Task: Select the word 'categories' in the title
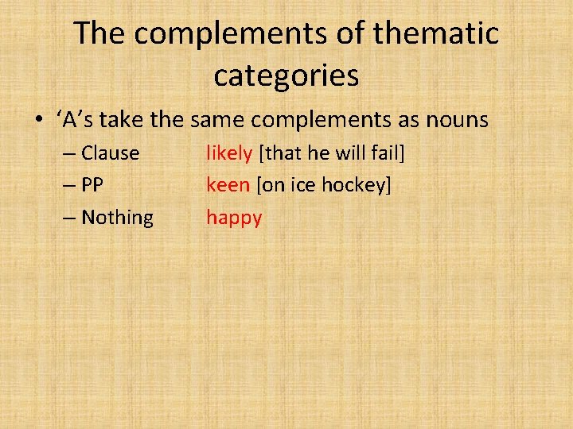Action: click(286, 75)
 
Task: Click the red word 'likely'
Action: click(229, 153)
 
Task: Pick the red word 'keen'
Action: click(228, 185)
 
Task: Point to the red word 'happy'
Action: click(234, 218)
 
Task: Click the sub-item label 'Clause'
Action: click(110, 153)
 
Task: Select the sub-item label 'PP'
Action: click(92, 185)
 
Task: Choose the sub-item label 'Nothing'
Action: click(117, 218)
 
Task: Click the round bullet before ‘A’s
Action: click(38, 121)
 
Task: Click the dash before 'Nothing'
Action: click(68, 218)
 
